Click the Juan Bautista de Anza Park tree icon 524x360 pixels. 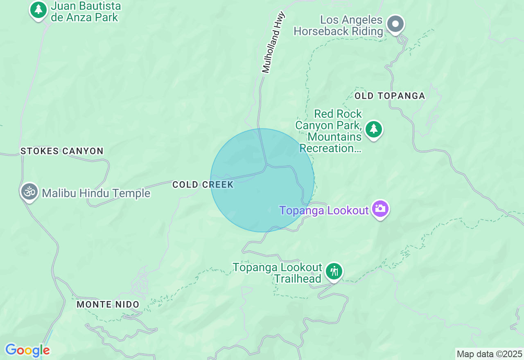[x=38, y=9]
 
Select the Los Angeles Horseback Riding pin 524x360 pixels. [x=395, y=24]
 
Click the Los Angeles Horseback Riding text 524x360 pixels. [x=338, y=25]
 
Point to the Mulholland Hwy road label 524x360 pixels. [x=273, y=43]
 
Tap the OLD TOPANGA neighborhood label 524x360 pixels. [x=390, y=96]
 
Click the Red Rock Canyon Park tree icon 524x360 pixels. [x=373, y=129]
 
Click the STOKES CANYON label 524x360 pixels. [x=62, y=151]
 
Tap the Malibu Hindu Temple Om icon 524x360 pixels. [x=29, y=191]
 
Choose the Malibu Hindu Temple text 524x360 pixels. [x=96, y=193]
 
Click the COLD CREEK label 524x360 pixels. [x=203, y=184]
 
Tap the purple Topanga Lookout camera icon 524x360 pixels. [x=380, y=209]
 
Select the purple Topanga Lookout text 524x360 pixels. [x=324, y=210]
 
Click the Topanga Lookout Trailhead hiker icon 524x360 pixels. [x=334, y=271]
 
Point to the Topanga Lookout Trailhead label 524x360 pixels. [x=278, y=273]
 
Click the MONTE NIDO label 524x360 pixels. [x=108, y=304]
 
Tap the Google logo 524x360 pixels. [x=27, y=350]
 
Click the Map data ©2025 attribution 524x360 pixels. [x=489, y=354]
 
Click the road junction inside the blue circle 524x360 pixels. [x=267, y=165]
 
